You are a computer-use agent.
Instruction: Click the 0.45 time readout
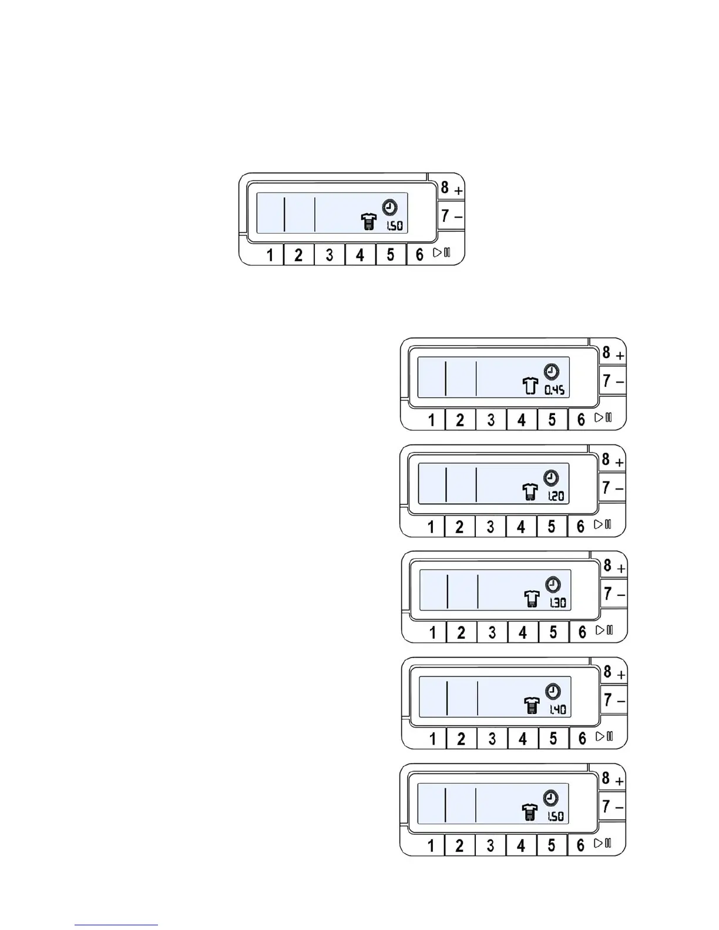555,390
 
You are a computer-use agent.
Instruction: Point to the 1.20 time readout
555,497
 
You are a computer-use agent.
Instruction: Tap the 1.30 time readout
557,603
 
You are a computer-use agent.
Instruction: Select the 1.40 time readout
557,709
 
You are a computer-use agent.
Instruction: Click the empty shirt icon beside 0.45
530,386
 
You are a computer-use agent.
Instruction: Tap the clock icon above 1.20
551,478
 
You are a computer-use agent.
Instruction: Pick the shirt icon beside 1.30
532,599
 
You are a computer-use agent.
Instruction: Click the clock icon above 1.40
553,691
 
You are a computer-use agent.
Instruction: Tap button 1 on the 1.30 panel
433,633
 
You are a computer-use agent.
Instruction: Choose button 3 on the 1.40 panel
492,739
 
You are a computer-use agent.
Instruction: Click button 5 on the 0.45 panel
552,420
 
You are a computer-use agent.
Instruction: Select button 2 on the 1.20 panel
459,527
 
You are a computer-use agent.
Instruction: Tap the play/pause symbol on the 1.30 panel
604,630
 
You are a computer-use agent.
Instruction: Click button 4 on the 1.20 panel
520,527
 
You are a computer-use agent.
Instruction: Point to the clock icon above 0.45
552,372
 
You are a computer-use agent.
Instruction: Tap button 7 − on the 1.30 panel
613,594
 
